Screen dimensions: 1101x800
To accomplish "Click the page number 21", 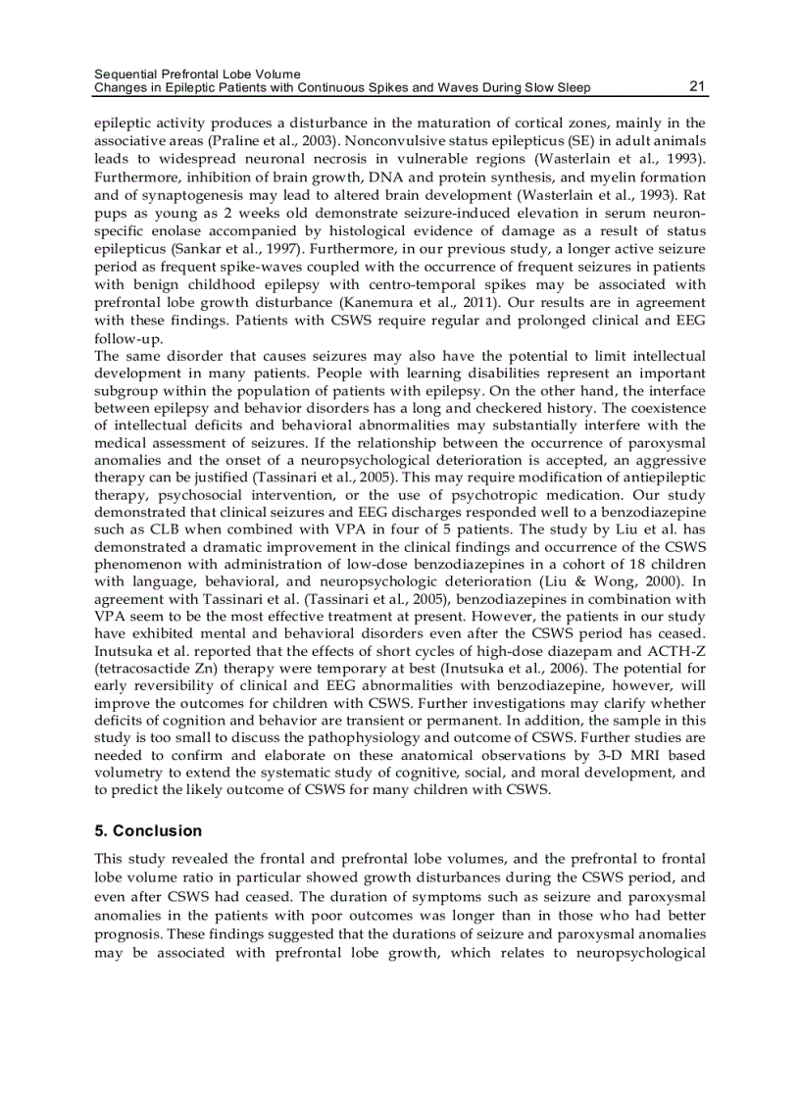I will point(697,86).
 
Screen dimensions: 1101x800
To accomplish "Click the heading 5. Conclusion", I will point(148,830).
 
